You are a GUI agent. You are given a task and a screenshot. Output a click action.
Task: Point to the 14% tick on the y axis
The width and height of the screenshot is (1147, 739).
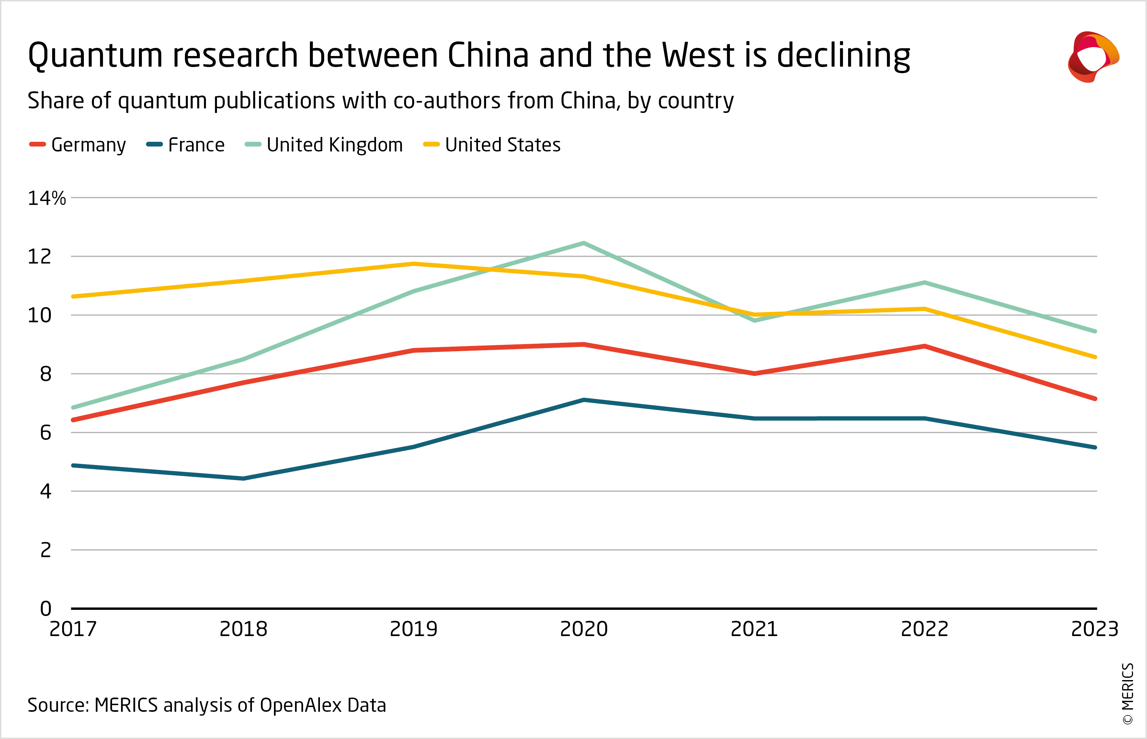[x=47, y=198]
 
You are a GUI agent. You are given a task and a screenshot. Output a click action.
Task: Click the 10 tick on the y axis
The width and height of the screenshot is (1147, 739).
[x=40, y=316]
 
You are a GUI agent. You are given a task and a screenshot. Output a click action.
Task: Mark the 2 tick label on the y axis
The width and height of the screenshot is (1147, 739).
[x=46, y=550]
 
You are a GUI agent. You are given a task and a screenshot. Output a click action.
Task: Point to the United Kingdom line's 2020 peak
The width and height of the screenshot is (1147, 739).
[x=584, y=243]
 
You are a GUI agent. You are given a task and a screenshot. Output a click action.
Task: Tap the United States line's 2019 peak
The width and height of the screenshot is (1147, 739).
[x=414, y=263]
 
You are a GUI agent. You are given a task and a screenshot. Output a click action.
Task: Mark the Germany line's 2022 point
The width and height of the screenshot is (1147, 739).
[x=924, y=346]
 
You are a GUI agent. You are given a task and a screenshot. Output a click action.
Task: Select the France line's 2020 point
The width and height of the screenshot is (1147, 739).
[x=584, y=400]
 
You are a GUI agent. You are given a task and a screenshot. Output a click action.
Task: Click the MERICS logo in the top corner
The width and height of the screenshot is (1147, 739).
[x=1093, y=57]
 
